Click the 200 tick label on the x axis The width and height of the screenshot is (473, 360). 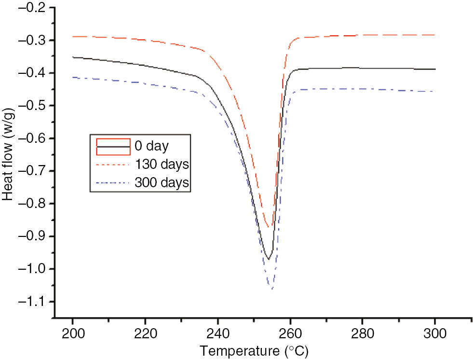(72, 333)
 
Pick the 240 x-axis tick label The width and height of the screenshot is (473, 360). (217, 333)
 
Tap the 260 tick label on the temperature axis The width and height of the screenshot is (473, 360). (290, 333)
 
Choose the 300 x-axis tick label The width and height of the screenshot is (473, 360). (435, 333)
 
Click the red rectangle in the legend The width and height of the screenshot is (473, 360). (113, 146)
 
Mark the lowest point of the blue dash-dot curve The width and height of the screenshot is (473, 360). (272, 289)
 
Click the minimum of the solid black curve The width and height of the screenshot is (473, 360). (269, 259)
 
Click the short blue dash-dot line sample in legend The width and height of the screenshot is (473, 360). (113, 183)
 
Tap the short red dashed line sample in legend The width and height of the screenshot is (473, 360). (113, 165)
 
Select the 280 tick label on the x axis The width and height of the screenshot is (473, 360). (362, 333)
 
